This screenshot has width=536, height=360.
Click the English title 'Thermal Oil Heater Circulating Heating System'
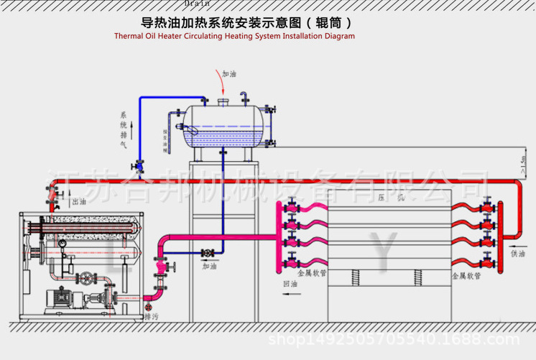tap(234, 35)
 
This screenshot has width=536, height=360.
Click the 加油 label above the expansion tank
tap(229, 74)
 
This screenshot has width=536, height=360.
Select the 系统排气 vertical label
tap(123, 129)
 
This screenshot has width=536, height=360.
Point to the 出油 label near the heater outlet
tap(79, 203)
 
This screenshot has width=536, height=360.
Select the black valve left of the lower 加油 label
tap(207, 253)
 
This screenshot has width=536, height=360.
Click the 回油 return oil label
tap(291, 285)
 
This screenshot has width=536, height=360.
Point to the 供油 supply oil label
tap(517, 253)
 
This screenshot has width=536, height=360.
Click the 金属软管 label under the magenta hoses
tap(312, 274)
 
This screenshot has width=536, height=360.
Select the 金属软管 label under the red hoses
tap(466, 275)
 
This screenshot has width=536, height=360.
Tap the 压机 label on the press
tap(390, 197)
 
